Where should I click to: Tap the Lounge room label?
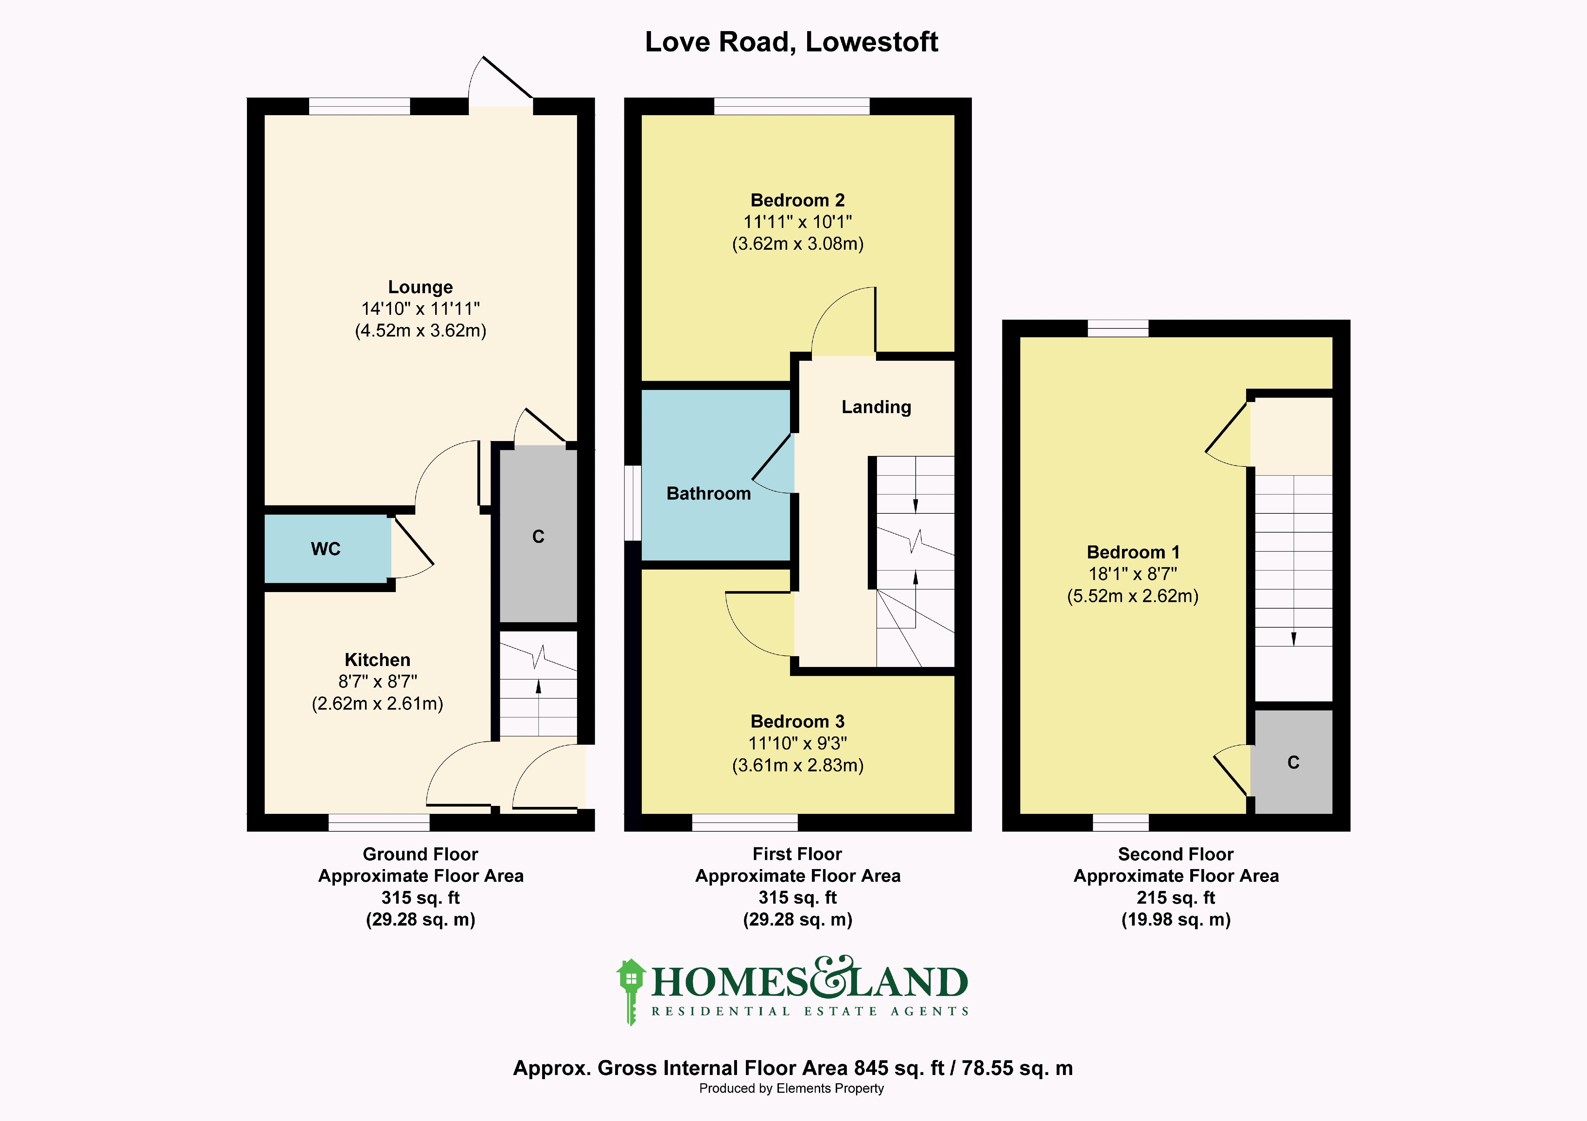coord(420,287)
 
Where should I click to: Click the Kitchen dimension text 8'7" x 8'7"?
coord(377,682)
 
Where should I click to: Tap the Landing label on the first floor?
coord(876,407)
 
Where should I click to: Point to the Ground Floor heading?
coord(420,854)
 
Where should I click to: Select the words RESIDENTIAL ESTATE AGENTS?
coord(809,1011)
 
